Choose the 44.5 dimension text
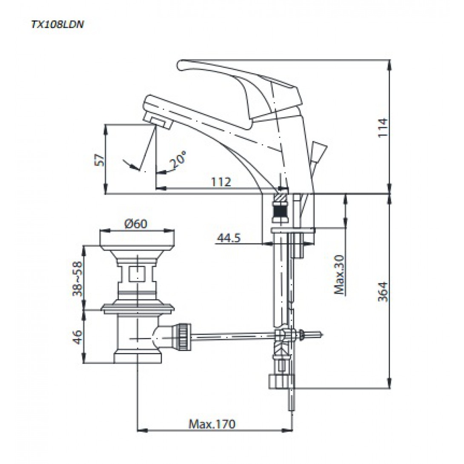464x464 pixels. pos(228,238)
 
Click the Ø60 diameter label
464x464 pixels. pos(137,223)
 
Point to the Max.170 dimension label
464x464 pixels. pos(212,424)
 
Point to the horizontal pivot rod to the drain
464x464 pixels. pos(234,336)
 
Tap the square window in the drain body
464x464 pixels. pos(137,273)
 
